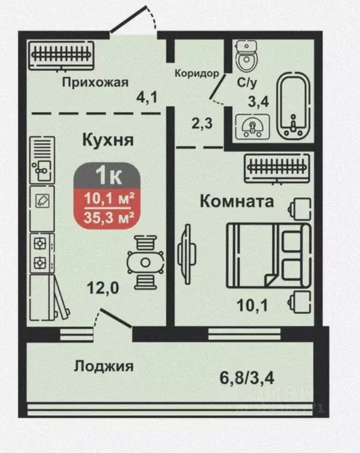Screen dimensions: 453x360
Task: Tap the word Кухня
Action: pyautogui.click(x=107, y=140)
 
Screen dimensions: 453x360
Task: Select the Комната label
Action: pyautogui.click(x=237, y=201)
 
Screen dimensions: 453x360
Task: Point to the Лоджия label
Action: pyautogui.click(x=103, y=366)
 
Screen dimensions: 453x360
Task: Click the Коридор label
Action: pyautogui.click(x=196, y=74)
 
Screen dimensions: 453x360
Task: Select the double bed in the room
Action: pyautogui.click(x=268, y=253)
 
